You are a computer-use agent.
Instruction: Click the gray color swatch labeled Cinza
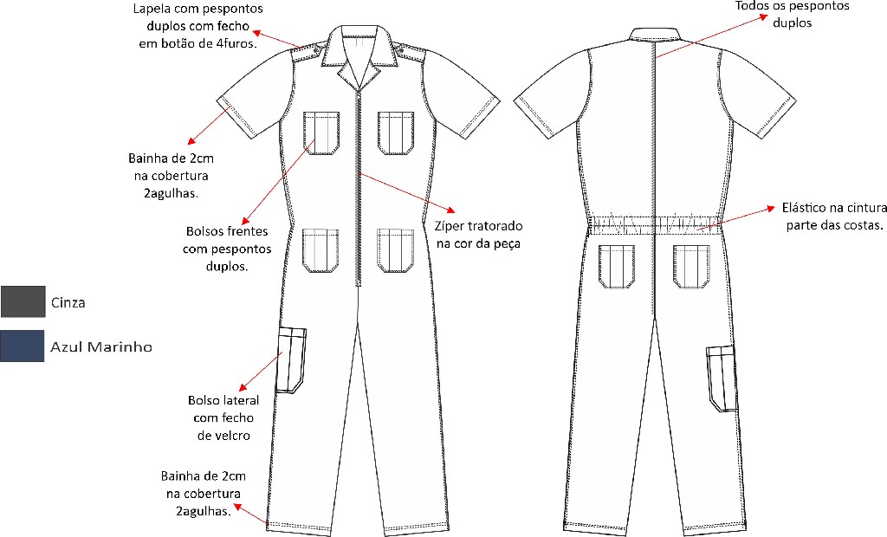[x=23, y=301]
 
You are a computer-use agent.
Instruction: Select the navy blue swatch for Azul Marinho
[x=23, y=346]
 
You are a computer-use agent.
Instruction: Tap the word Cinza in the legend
[x=68, y=302]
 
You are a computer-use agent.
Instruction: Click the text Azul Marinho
[x=101, y=346]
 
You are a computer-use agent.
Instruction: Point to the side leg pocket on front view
[x=292, y=359]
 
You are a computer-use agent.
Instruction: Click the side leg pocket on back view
[x=721, y=378]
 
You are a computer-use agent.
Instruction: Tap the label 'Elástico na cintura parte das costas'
[x=832, y=217]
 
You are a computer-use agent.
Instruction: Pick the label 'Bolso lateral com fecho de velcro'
[x=220, y=417]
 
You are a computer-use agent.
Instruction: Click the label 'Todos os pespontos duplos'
[x=793, y=14]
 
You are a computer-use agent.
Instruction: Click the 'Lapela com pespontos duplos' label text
[x=198, y=26]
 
